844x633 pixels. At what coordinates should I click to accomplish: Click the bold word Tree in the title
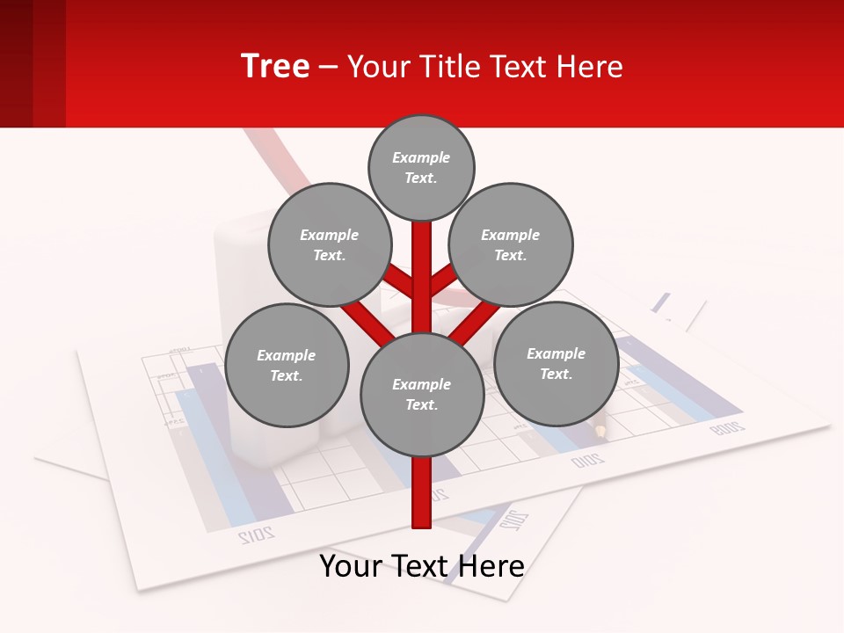click(x=275, y=67)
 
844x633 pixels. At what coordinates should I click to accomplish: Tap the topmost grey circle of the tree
click(x=421, y=167)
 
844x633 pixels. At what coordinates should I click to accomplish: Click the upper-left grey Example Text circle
click(x=329, y=244)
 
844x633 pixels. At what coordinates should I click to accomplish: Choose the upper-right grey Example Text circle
click(x=510, y=244)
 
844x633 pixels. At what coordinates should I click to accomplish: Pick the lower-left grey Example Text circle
click(x=286, y=365)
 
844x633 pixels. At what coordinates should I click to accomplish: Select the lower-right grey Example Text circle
click(x=556, y=363)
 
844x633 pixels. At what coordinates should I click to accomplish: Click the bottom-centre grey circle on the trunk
click(x=421, y=394)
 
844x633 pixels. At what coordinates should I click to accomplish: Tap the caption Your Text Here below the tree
click(x=421, y=566)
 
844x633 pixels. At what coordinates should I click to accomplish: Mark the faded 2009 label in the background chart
click(x=726, y=428)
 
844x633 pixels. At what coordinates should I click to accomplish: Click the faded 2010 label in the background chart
click(x=587, y=460)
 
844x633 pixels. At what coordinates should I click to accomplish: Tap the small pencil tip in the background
click(x=600, y=431)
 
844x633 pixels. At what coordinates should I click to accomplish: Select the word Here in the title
click(x=591, y=67)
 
